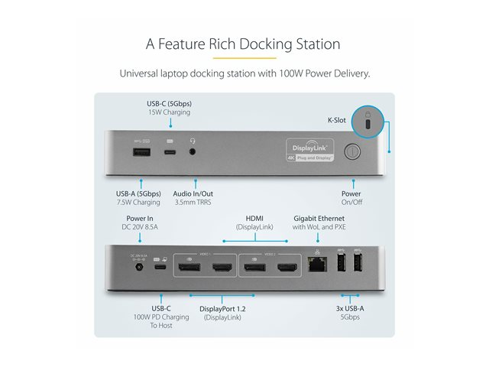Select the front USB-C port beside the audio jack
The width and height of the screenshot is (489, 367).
tap(170, 151)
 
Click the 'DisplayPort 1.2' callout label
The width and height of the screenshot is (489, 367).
tap(222, 308)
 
